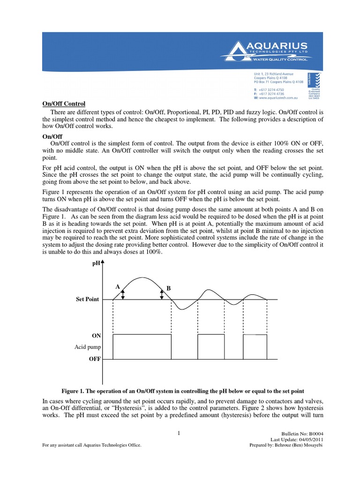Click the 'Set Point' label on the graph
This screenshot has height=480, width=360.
pos(88,299)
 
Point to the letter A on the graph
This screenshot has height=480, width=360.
pos(117,286)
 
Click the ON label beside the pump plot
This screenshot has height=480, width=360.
pos(96,336)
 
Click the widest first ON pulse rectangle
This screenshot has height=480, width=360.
pos(142,347)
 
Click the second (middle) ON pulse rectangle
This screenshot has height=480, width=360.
pos(212,347)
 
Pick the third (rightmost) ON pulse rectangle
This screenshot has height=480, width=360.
pos(255,347)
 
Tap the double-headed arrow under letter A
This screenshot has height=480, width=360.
pos(123,294)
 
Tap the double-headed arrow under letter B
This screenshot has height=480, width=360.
pos(162,294)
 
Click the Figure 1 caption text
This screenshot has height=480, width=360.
pos(183,390)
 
